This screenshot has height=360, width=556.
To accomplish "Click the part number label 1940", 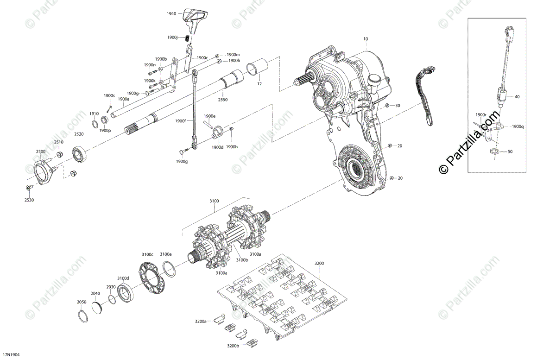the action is tap(171, 14).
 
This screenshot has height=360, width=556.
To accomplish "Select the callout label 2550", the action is tap(223, 100).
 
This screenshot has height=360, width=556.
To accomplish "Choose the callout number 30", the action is tap(397, 106).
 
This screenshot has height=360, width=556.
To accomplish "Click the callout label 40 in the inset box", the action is tap(517, 97).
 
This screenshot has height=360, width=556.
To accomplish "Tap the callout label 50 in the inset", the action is tap(510, 152).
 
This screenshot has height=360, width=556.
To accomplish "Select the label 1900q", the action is tap(518, 126).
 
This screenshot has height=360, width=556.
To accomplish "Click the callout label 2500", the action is tap(41, 152).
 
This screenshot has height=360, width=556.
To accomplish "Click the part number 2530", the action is tap(29, 200).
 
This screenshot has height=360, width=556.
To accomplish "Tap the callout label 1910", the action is tap(94, 114).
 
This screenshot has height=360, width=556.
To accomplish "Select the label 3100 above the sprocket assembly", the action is tap(214, 201).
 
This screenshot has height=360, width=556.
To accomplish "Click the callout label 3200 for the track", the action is tap(319, 263).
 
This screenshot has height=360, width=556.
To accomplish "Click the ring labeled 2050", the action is tap(83, 315).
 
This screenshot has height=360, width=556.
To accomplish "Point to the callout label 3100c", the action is tap(147, 254).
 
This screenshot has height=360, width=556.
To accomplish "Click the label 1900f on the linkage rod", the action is tap(181, 121).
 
